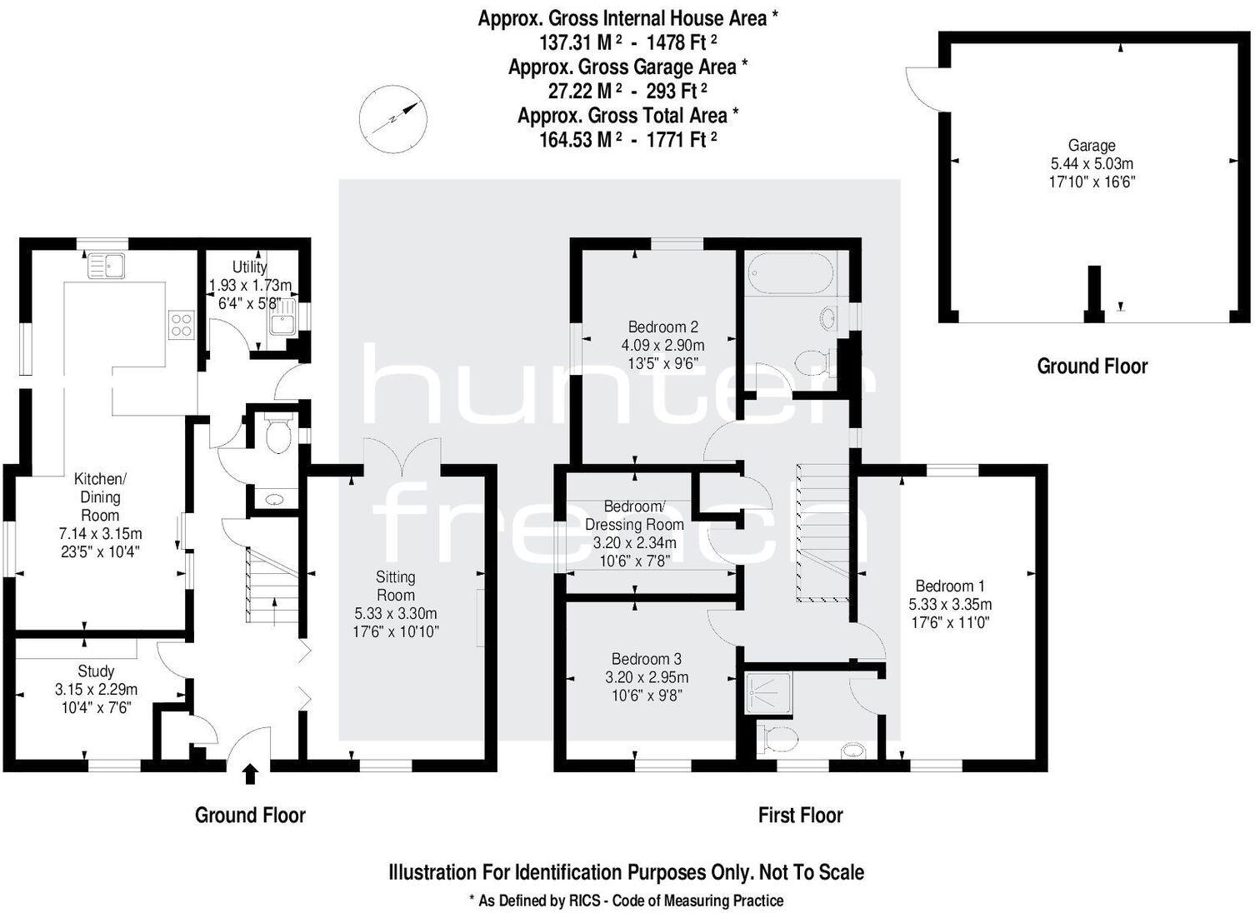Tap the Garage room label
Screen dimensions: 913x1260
[x=1091, y=145]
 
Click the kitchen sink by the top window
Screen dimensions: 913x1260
[x=107, y=265]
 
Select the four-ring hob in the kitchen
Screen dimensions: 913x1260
[x=181, y=323]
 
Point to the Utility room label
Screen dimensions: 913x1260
[x=249, y=267]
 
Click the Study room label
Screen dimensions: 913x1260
[x=96, y=671]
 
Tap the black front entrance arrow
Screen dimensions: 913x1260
[x=250, y=773]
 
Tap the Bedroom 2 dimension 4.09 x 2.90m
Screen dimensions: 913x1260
[x=662, y=345]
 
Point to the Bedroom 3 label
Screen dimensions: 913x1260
[x=646, y=659]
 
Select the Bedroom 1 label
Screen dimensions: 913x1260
[x=949, y=586]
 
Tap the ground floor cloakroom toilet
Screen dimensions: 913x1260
[x=276, y=434]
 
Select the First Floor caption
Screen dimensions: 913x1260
[x=800, y=815]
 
